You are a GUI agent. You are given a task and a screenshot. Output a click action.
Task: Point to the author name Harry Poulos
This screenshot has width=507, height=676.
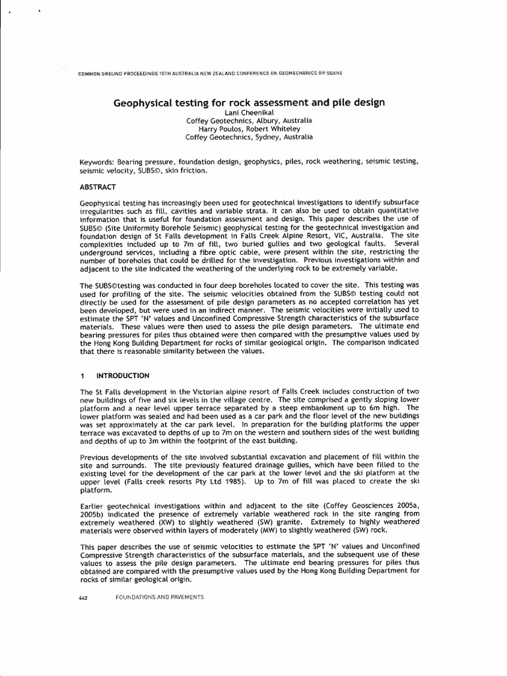[223, 129]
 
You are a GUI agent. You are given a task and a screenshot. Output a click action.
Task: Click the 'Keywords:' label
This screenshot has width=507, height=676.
[98, 162]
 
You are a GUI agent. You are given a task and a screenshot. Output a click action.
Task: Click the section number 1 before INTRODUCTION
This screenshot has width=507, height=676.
[82, 376]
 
